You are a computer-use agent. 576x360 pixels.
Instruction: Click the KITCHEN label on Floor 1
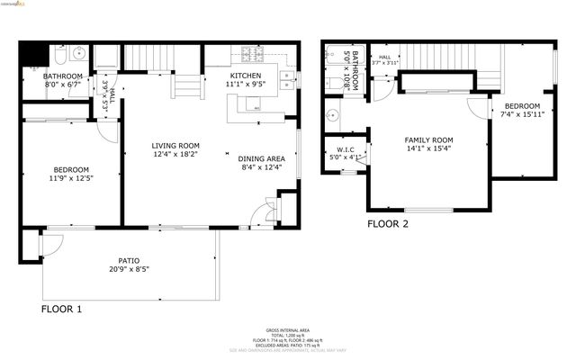(x=247, y=76)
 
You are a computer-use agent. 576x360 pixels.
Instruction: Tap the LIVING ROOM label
(x=175, y=146)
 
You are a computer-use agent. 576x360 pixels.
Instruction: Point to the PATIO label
(x=128, y=259)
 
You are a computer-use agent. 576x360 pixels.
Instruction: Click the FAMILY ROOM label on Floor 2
(x=427, y=140)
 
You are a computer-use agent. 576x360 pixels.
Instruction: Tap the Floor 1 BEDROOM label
(x=71, y=170)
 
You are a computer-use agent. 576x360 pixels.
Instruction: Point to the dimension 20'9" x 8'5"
(x=128, y=269)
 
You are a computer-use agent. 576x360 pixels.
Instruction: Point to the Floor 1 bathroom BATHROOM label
(x=63, y=76)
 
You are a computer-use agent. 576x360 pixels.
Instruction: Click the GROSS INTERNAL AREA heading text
(x=288, y=329)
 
